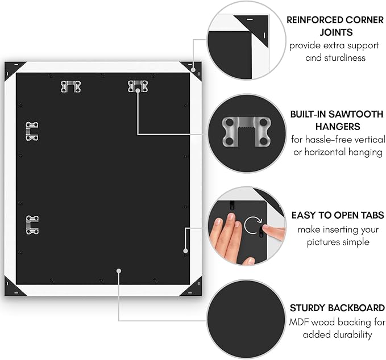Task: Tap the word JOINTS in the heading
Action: point(336,32)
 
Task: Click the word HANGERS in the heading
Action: point(338,127)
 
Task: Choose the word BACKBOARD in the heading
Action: point(356,308)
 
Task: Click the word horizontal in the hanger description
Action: point(322,152)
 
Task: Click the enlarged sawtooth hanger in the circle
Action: point(246,132)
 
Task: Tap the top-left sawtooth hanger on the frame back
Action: point(70,86)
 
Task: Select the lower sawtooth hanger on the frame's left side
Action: point(32,225)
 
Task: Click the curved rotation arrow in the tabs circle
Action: point(252,225)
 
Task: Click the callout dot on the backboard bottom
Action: point(119,271)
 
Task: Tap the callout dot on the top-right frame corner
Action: point(193,70)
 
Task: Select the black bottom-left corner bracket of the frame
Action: point(14,287)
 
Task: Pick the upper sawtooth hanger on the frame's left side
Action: point(32,131)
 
